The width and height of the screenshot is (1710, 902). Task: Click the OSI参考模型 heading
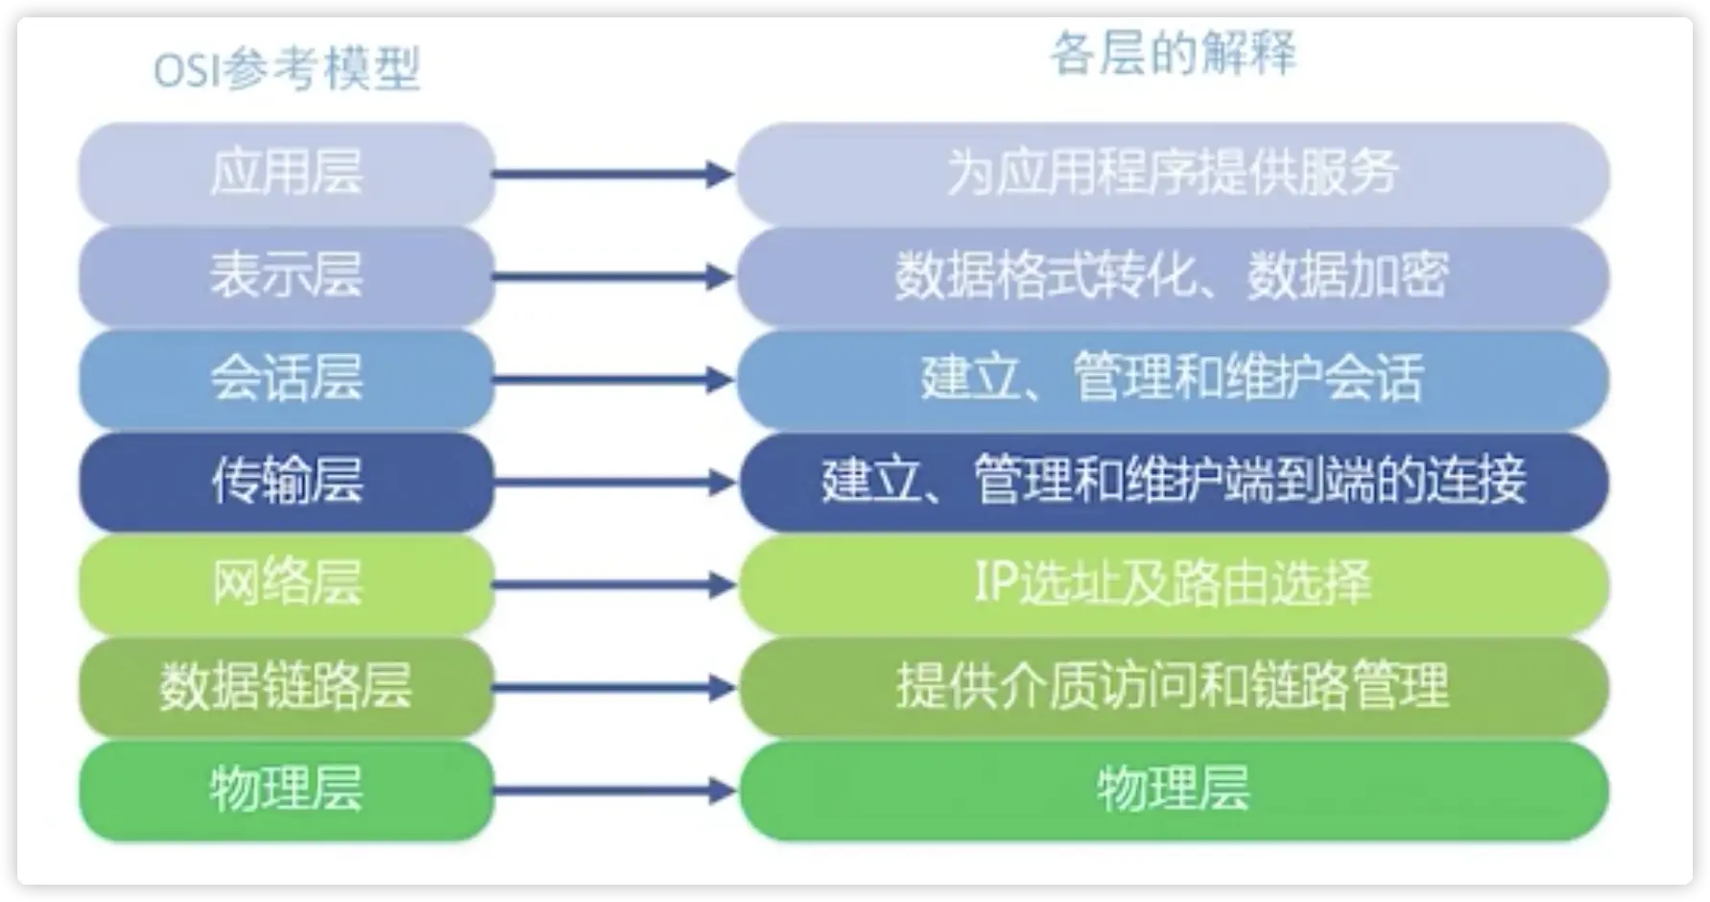[x=287, y=69]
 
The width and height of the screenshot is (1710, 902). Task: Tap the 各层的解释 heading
[x=1173, y=53]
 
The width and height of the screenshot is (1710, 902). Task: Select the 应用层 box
[x=286, y=174]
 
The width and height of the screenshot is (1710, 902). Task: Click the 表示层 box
[x=286, y=276]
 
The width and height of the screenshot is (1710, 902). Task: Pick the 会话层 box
[x=286, y=379]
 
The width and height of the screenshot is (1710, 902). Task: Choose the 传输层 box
[x=286, y=482]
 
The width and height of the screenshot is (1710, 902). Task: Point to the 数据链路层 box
[x=286, y=687]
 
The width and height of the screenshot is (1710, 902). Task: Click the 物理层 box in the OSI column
[x=286, y=790]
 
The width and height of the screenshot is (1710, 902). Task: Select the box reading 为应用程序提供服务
[x=1173, y=174]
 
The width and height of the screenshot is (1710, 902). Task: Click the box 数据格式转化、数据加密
[x=1173, y=276]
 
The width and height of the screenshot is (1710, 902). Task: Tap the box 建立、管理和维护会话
[x=1173, y=379]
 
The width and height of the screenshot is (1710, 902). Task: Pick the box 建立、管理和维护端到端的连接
[x=1173, y=482]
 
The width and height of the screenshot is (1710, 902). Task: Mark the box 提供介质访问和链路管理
[x=1173, y=687]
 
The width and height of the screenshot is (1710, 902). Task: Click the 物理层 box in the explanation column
[x=1173, y=790]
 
